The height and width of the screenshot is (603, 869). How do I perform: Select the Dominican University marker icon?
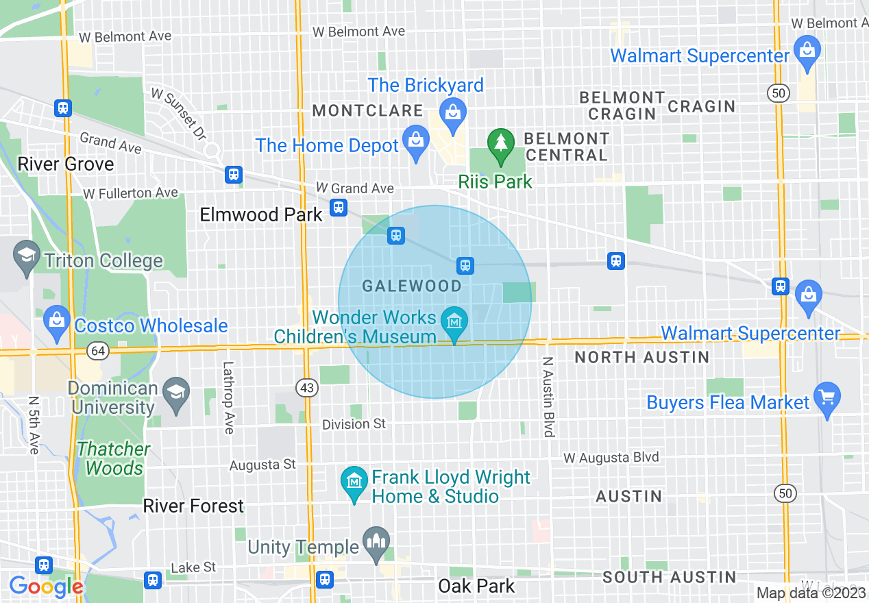coord(177,394)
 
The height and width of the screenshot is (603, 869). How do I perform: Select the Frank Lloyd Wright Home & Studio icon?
coord(354,482)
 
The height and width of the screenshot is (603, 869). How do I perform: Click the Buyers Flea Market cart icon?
coord(828,398)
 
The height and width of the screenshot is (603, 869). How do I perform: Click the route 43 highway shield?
coord(308,388)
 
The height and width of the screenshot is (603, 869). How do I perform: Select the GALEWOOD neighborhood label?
coord(411,286)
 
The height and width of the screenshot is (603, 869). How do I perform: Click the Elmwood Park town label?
coord(260,214)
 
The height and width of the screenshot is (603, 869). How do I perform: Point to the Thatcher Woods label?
coord(114,458)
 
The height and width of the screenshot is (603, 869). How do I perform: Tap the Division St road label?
coord(354,424)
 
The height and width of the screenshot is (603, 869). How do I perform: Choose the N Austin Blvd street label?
coord(548,397)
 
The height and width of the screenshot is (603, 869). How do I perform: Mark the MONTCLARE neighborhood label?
coord(368,110)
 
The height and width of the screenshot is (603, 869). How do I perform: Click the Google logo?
coord(46,587)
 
